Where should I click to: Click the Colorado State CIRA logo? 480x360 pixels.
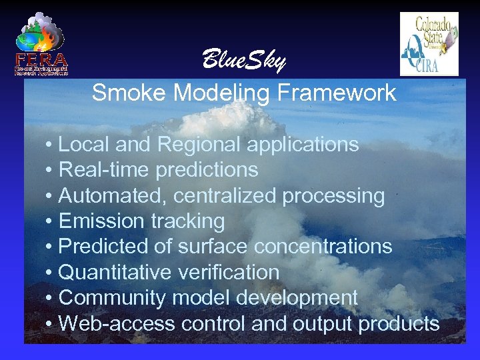pos(429,44)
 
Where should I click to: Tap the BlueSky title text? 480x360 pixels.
pos(243,61)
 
